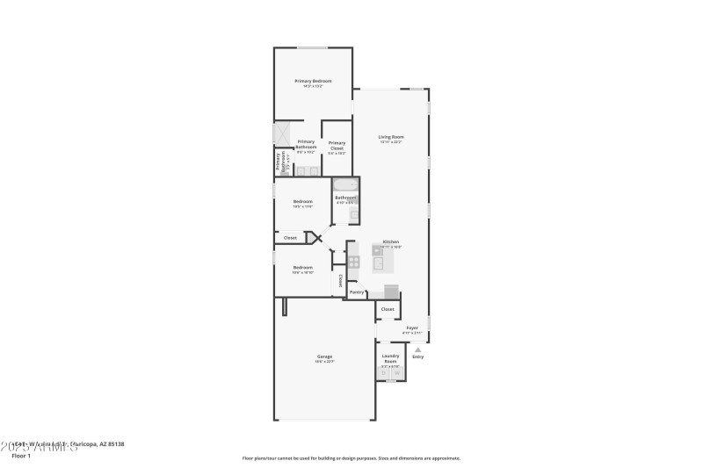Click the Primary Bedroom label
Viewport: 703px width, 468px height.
click(313, 81)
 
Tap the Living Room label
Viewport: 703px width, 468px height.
click(391, 136)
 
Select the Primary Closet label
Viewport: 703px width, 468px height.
click(337, 146)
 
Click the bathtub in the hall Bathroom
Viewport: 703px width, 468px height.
click(344, 185)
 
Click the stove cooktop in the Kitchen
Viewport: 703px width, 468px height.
click(353, 261)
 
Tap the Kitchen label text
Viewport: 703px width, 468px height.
click(391, 241)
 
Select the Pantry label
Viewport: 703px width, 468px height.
click(357, 292)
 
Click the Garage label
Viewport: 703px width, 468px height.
click(325, 356)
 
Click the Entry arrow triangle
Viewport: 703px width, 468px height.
click(417, 349)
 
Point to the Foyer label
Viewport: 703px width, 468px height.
click(412, 328)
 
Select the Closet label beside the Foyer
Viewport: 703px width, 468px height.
click(388, 309)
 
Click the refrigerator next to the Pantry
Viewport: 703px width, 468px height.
click(391, 291)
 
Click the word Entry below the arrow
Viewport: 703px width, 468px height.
click(417, 356)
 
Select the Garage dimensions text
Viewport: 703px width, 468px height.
click(325, 362)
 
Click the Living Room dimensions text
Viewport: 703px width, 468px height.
click(391, 141)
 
